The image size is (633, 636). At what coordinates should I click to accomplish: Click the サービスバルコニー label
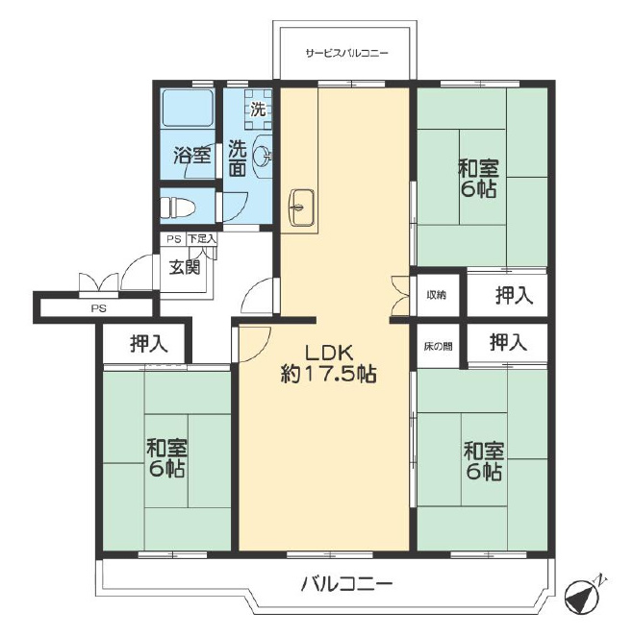(x=346, y=53)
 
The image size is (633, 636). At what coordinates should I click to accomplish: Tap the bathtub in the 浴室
(x=188, y=108)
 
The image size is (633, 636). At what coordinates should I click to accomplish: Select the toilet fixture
(x=178, y=208)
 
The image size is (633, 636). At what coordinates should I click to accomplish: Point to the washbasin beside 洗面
(x=262, y=157)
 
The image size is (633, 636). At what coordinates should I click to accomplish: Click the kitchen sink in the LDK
(x=300, y=207)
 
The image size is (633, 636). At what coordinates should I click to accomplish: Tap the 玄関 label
(x=185, y=267)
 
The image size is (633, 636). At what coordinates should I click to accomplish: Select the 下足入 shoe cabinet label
(x=202, y=239)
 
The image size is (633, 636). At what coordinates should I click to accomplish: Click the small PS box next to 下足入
(x=174, y=239)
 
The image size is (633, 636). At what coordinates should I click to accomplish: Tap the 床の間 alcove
(x=438, y=347)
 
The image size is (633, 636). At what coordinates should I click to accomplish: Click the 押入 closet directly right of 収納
(x=507, y=295)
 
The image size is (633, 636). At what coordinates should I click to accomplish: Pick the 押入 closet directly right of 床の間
(x=507, y=343)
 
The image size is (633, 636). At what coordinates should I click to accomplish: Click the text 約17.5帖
(x=328, y=375)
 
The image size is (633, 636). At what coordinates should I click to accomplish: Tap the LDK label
(x=329, y=354)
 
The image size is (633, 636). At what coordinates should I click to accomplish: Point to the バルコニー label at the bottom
(x=346, y=584)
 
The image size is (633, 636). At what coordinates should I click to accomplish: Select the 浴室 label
(x=192, y=155)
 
